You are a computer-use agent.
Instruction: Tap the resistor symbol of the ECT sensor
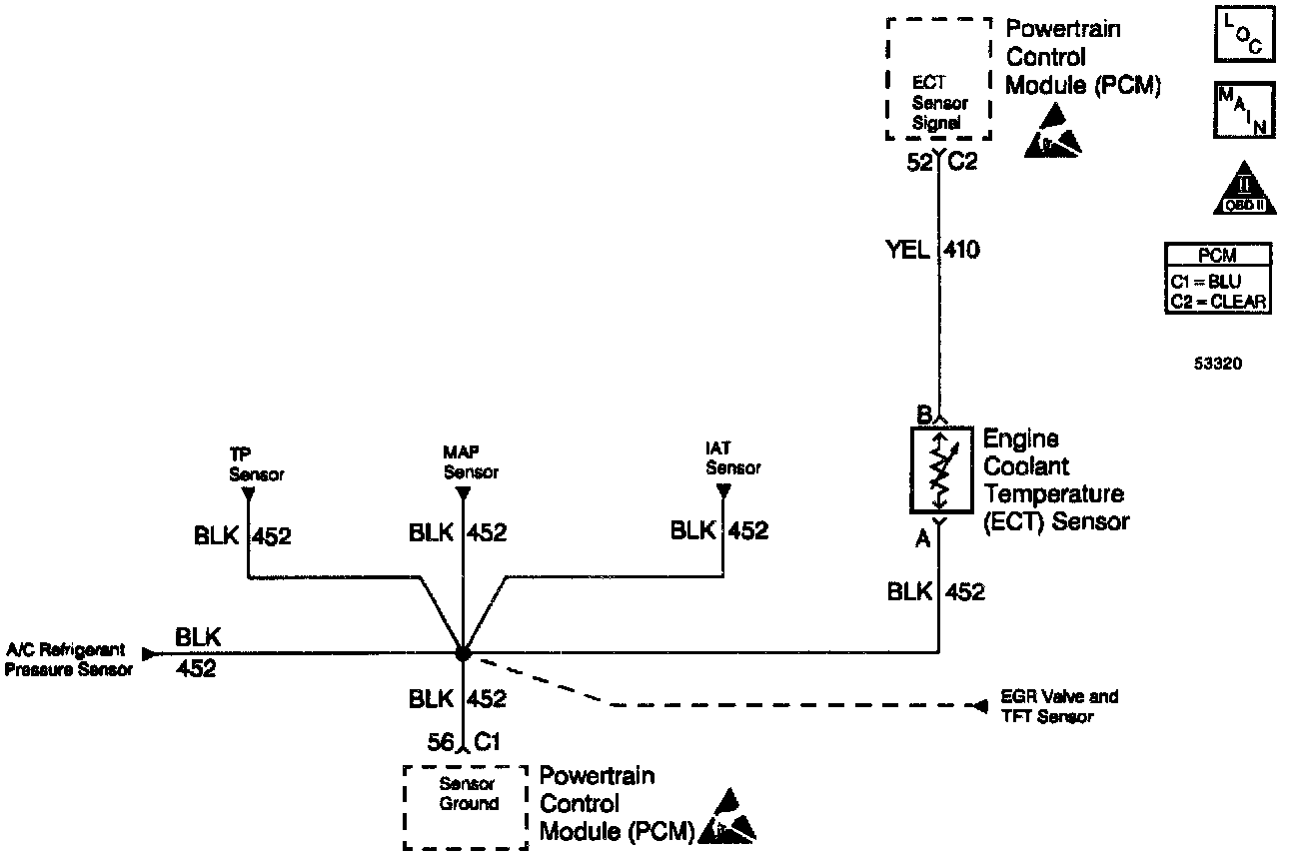939,470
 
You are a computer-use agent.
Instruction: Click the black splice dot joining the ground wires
462,653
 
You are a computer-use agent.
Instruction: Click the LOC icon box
1244,35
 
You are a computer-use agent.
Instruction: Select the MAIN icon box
1244,111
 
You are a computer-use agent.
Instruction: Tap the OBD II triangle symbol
1244,189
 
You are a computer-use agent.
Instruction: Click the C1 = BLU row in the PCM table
1218,282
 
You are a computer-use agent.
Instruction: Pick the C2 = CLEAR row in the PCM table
1218,302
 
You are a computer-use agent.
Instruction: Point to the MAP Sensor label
471,462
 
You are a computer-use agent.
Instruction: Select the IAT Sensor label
732,459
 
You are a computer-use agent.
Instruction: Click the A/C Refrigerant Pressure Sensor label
68,659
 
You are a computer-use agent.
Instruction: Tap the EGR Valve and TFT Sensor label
1059,706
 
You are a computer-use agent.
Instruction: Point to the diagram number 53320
1217,365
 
